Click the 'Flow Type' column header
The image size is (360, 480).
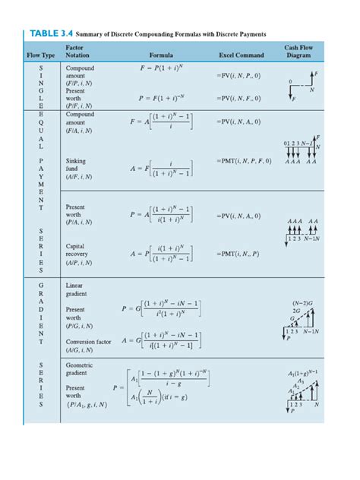click(41, 55)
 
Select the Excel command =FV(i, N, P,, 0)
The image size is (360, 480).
click(238, 76)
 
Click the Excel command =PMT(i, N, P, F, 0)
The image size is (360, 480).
click(245, 162)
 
